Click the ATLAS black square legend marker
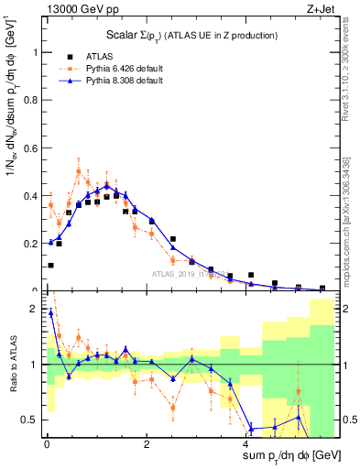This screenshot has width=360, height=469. pyautogui.click(x=70, y=56)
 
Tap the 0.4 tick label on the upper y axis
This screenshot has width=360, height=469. pyautogui.click(x=34, y=196)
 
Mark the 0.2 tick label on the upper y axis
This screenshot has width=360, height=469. pyautogui.click(x=34, y=244)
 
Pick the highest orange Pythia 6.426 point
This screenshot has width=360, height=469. pyautogui.click(x=79, y=170)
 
